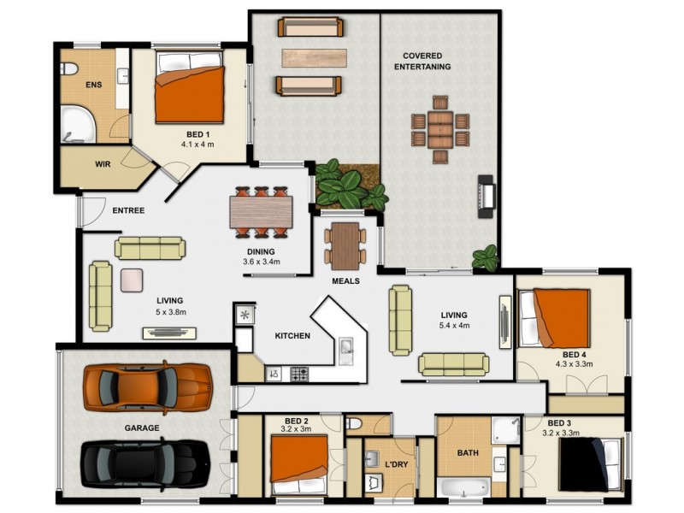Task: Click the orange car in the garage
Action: (147, 387)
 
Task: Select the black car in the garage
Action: (145, 464)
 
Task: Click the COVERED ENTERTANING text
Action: (427, 61)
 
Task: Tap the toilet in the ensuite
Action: (69, 68)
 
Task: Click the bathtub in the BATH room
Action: (463, 486)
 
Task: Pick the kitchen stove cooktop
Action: (299, 374)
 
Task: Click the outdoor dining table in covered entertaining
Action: (439, 129)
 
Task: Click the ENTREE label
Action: (128, 210)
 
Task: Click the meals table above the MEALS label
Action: (345, 245)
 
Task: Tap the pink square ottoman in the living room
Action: (132, 280)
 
